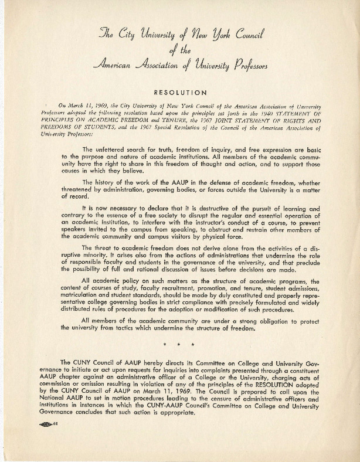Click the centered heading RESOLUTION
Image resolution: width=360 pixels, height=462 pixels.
[x=180, y=92]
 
